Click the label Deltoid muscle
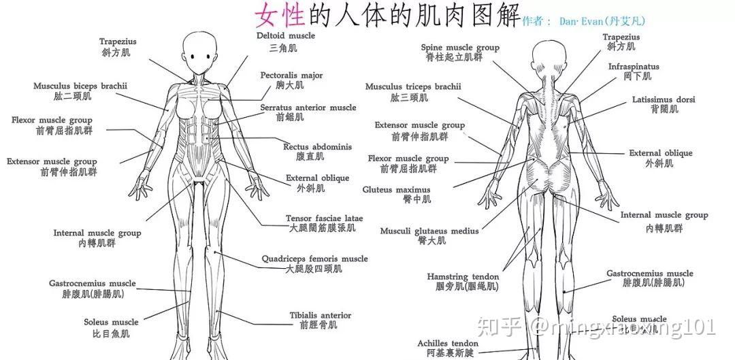[x=285, y=35]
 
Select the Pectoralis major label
[x=291, y=75]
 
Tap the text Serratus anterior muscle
[x=308, y=108]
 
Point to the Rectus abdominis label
[x=317, y=147]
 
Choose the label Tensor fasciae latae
[x=325, y=218]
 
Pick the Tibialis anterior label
[x=320, y=316]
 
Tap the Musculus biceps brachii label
[x=80, y=86]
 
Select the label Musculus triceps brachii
[x=413, y=86]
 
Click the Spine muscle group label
[x=460, y=48]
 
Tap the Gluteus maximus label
[x=396, y=190]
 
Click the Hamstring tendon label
[x=463, y=277]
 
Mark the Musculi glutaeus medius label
[x=429, y=231]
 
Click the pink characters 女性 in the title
[x=280, y=15]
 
